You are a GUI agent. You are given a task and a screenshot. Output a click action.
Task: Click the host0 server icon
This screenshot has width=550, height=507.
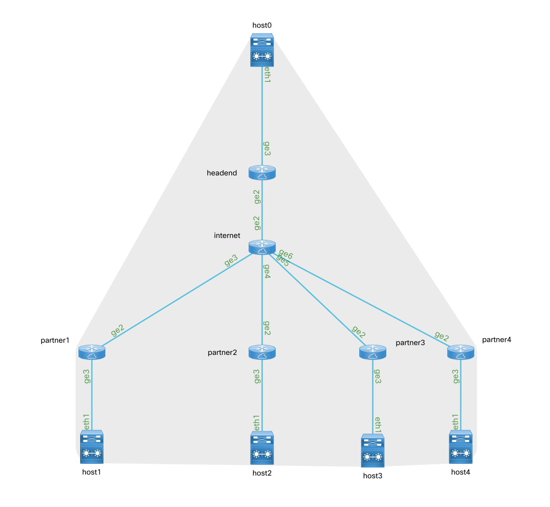(x=262, y=50)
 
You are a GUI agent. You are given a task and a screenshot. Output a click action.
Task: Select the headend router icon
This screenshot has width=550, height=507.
(x=262, y=173)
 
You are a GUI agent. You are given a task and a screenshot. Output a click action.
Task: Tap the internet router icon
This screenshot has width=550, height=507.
(x=262, y=247)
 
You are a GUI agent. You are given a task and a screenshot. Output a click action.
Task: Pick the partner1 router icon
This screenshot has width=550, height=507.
(x=92, y=352)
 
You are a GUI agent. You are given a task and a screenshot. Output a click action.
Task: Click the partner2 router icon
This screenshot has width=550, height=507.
(x=262, y=352)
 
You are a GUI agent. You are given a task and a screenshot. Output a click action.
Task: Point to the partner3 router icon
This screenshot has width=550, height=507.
(x=372, y=352)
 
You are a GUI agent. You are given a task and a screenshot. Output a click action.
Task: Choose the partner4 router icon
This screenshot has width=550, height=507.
(x=460, y=352)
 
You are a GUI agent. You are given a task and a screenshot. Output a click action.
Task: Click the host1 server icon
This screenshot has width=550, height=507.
(x=92, y=446)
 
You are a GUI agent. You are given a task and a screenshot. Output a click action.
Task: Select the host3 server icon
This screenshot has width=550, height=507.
(x=372, y=451)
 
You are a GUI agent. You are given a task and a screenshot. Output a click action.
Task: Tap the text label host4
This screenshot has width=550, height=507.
(x=460, y=472)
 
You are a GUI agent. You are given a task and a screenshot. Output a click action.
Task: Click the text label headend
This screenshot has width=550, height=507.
(x=222, y=173)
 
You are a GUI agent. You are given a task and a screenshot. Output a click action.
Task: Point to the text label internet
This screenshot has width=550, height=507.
(x=227, y=236)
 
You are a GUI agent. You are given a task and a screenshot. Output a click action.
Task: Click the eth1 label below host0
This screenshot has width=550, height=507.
(x=267, y=75)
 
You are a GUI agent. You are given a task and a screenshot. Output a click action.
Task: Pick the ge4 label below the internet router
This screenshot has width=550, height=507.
(x=267, y=271)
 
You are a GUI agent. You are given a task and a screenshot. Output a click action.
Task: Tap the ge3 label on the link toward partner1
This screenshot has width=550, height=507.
(x=231, y=260)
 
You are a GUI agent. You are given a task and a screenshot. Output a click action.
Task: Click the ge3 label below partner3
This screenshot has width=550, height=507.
(x=378, y=376)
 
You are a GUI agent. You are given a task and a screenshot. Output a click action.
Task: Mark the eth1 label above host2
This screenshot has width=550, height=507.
(x=257, y=422)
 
